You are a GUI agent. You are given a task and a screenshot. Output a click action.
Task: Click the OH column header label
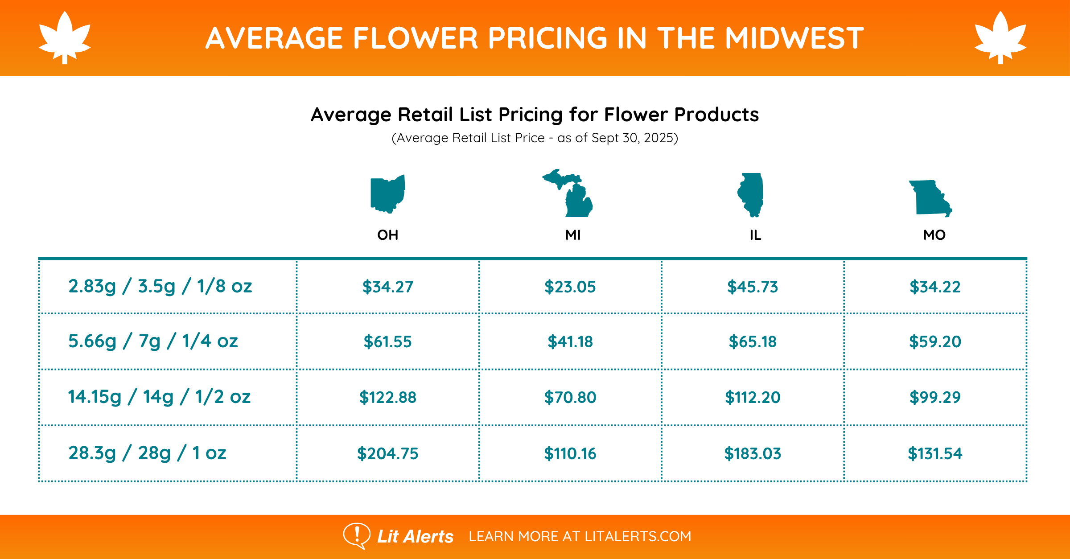[x=387, y=235]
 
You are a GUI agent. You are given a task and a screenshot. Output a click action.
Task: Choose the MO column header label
[x=934, y=235]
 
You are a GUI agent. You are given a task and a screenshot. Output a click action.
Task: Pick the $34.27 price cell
[x=387, y=287]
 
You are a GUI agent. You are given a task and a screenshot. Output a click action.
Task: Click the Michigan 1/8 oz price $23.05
[x=570, y=287]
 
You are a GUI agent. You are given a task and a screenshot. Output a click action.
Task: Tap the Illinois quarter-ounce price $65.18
[x=753, y=342]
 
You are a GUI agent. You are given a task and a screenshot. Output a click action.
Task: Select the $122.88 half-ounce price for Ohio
[x=387, y=397]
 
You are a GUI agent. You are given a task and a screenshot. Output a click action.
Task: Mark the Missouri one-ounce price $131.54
[x=935, y=453]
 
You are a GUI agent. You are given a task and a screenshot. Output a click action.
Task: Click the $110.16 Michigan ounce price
[x=570, y=453]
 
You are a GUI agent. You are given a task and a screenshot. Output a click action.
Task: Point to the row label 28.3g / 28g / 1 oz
[x=147, y=453]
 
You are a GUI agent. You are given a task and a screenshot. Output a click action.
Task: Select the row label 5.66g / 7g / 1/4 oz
[x=153, y=341]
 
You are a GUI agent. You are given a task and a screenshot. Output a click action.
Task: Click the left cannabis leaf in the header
[x=65, y=37]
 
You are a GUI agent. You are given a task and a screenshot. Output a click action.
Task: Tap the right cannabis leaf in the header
[x=1000, y=37]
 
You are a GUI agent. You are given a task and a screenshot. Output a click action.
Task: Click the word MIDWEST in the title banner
[x=794, y=38]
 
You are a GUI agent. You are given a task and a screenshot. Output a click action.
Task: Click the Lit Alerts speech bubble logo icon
[x=356, y=535]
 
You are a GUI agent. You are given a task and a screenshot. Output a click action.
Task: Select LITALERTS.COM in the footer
[x=638, y=536]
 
